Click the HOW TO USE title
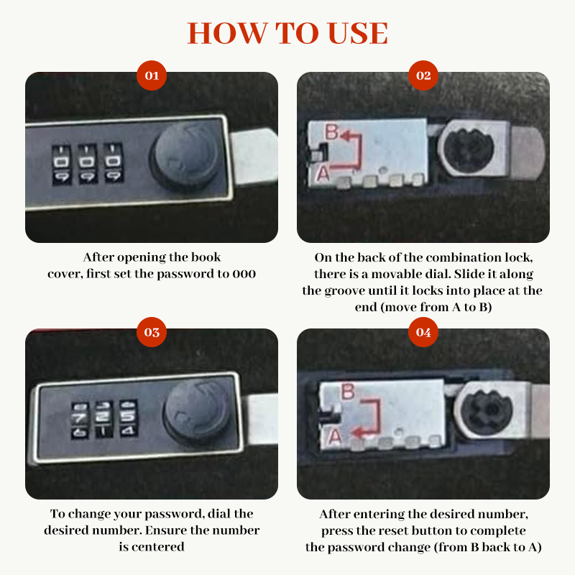[287, 33]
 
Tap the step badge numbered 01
[152, 75]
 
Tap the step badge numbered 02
[423, 75]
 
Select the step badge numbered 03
[152, 332]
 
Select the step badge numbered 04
[423, 332]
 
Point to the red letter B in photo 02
[331, 132]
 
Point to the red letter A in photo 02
[323, 172]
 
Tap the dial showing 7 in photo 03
[78, 417]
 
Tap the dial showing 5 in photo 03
[127, 415]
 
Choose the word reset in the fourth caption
[396, 531]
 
